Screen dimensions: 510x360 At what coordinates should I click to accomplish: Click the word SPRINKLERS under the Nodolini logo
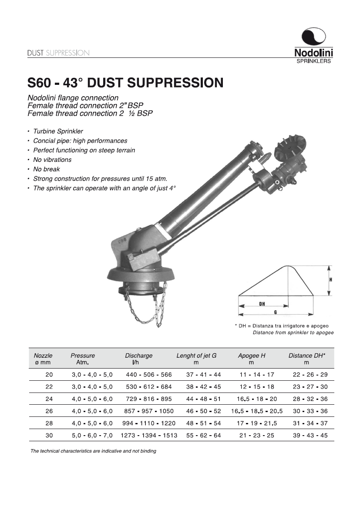click(x=313, y=61)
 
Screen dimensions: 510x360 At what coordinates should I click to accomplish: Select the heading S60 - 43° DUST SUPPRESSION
click(x=125, y=82)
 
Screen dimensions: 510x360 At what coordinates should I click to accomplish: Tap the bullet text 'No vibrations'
click(x=52, y=160)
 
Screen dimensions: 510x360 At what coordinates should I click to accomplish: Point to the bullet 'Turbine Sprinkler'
click(x=58, y=131)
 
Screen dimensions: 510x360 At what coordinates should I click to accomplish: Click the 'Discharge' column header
click(x=139, y=356)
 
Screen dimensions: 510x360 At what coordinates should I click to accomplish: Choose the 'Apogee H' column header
click(x=251, y=356)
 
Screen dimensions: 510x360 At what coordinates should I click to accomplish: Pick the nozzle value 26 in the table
click(x=49, y=411)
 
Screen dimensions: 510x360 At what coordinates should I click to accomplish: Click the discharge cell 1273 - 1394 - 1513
click(x=149, y=435)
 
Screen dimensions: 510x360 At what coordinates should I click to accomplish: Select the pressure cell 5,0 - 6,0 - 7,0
click(x=92, y=435)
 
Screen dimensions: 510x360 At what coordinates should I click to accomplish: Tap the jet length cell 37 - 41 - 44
click(x=203, y=374)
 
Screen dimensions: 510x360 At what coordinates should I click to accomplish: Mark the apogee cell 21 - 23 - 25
click(x=257, y=435)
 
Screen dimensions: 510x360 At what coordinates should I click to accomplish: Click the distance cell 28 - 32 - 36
click(x=310, y=399)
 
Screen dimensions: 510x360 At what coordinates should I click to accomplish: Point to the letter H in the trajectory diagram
click(x=330, y=280)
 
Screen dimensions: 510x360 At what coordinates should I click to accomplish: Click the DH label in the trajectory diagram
click(x=262, y=304)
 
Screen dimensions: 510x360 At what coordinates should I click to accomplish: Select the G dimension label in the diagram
click(x=276, y=312)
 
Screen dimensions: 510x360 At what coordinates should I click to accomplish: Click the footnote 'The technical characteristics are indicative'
click(x=93, y=451)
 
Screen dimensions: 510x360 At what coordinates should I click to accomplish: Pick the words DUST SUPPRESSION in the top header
click(x=58, y=53)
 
